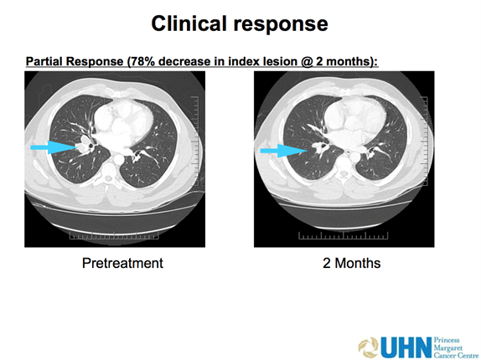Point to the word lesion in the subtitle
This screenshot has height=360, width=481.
(281, 61)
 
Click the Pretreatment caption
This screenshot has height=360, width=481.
(122, 263)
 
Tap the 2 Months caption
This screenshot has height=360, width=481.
(352, 263)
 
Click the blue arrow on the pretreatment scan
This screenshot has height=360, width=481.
(54, 147)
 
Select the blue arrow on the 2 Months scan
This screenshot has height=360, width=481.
(284, 151)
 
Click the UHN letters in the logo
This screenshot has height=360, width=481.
(406, 347)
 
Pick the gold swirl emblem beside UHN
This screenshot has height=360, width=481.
(369, 347)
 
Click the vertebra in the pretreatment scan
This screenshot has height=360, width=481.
(108, 173)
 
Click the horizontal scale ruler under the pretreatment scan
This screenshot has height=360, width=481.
(114, 235)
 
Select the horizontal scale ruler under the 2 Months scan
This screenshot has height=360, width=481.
(344, 235)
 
